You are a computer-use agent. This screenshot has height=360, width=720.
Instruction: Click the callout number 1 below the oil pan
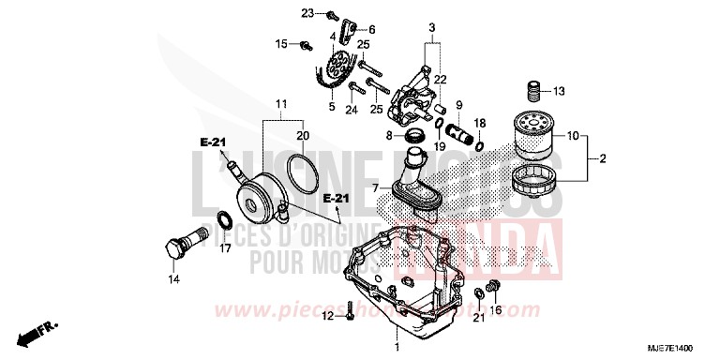point(397,348)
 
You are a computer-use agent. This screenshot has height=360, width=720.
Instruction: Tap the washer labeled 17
point(225,221)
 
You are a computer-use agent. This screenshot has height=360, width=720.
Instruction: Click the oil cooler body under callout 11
point(258,192)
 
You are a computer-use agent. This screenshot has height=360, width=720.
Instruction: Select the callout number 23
point(307,13)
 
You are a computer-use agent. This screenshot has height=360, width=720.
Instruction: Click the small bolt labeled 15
point(307,44)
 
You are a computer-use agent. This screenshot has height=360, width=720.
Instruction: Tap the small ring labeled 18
point(480,146)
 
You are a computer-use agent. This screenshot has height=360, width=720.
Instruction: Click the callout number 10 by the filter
point(574,136)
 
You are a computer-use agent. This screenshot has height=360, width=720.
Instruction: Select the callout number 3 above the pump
point(431,22)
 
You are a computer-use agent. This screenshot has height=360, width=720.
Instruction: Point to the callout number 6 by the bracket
point(371,29)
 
